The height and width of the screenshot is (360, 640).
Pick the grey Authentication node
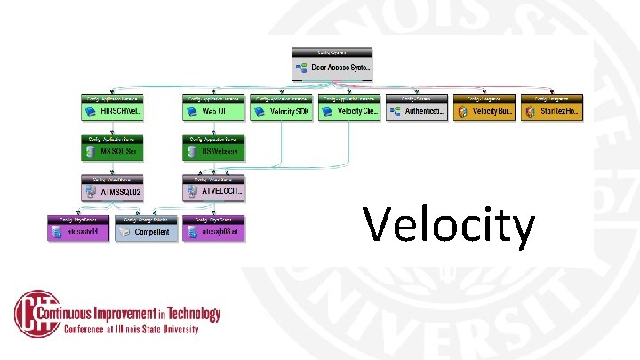417,112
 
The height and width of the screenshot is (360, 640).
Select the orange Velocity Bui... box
484,112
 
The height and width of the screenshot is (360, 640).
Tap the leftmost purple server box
77,232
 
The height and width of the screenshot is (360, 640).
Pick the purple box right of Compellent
213,232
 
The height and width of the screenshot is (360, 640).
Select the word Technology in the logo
192,314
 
